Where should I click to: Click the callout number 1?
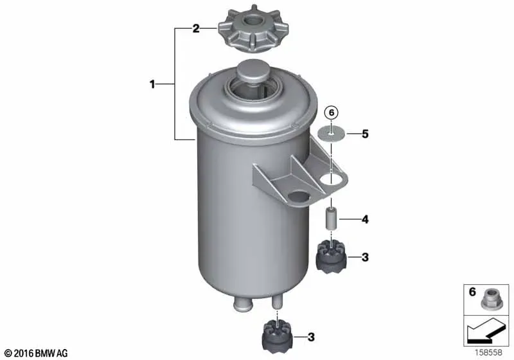pyautogui.click(x=152, y=85)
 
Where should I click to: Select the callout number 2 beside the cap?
pyautogui.click(x=196, y=29)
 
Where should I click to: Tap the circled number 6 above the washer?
pyautogui.click(x=331, y=113)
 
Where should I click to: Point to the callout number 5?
pyautogui.click(x=365, y=134)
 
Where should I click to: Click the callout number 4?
pyautogui.click(x=365, y=219)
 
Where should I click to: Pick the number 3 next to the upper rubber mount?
pyautogui.click(x=365, y=257)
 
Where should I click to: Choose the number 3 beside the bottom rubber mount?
pyautogui.click(x=311, y=337)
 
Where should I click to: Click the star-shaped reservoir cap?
pyautogui.click(x=253, y=29)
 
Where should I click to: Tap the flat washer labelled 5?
pyautogui.click(x=331, y=134)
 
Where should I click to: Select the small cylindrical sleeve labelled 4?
pyautogui.click(x=331, y=219)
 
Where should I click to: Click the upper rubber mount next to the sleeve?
pyautogui.click(x=332, y=256)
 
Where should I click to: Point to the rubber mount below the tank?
pyautogui.click(x=278, y=337)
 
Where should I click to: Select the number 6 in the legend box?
pyautogui.click(x=472, y=292)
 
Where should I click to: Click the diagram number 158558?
pyautogui.click(x=488, y=353)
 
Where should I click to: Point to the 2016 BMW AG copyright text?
pyautogui.click(x=36, y=354)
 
